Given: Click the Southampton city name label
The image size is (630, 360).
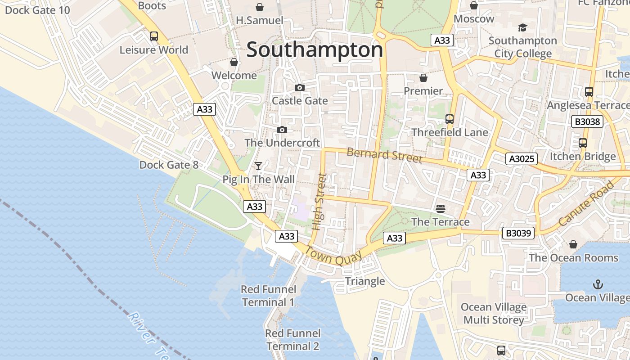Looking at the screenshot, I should pyautogui.click(x=315, y=50).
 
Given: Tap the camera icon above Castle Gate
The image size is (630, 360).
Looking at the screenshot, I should pyautogui.click(x=299, y=87).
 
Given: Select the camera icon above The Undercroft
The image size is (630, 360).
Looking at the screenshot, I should pyautogui.click(x=282, y=130).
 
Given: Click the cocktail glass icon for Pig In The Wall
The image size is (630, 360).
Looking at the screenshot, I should pyautogui.click(x=258, y=166).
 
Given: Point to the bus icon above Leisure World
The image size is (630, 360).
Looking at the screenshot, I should pyautogui.click(x=154, y=36).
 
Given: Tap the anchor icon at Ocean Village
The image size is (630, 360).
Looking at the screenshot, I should pyautogui.click(x=598, y=284).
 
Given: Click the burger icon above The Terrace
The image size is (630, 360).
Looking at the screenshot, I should pyautogui.click(x=441, y=208).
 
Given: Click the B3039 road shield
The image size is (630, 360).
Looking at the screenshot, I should pyautogui.click(x=518, y=233).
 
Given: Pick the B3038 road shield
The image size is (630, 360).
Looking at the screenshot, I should pyautogui.click(x=587, y=121).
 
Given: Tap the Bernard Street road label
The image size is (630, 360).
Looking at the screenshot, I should pyautogui.click(x=385, y=155).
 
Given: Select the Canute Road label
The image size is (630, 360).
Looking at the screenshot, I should pyautogui.click(x=586, y=204).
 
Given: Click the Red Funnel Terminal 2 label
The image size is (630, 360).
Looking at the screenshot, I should pyautogui.click(x=292, y=340).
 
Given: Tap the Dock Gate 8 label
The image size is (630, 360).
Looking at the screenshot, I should pyautogui.click(x=169, y=165).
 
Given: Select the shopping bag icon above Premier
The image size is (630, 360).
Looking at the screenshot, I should pyautogui.click(x=423, y=78).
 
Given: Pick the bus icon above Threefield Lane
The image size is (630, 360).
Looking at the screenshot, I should pyautogui.click(x=449, y=119).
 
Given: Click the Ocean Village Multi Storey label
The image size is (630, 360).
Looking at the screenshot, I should pyautogui.click(x=494, y=314).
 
